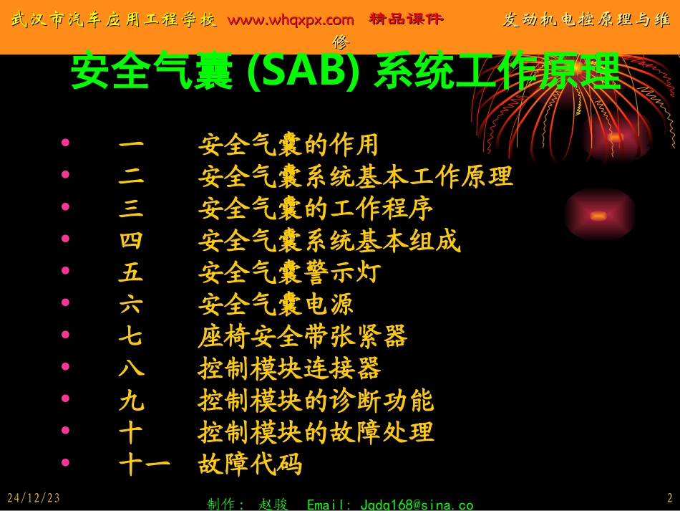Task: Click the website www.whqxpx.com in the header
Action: [x=291, y=20]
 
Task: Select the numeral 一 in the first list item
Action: [x=131, y=145]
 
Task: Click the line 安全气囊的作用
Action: [x=288, y=145]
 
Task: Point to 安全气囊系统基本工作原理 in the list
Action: [x=355, y=177]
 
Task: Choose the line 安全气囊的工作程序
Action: [x=315, y=209]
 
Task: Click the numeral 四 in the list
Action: [x=131, y=241]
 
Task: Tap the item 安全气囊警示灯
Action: [x=288, y=272]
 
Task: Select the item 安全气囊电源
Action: [x=276, y=305]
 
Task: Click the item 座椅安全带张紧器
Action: [x=302, y=336]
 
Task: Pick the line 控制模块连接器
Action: [x=288, y=368]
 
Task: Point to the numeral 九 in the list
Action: [x=131, y=401]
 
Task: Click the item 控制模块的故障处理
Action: [x=315, y=432]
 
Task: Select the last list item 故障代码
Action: [x=249, y=464]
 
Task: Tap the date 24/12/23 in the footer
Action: [x=34, y=497]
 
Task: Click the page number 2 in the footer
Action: [x=670, y=497]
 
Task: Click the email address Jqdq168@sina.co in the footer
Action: [x=389, y=505]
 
